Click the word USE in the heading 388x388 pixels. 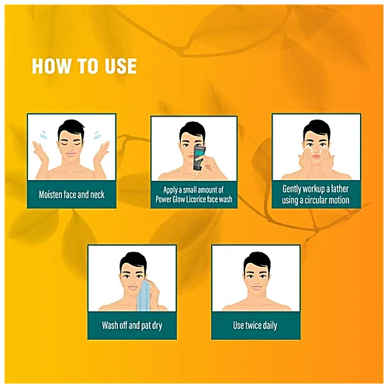point(120,66)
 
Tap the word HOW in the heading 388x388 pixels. point(51,66)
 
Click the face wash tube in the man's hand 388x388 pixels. point(199,158)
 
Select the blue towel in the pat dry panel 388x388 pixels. point(144,296)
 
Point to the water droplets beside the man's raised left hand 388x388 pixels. point(97,135)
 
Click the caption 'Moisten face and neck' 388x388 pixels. point(71,195)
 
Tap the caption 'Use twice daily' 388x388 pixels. point(255,325)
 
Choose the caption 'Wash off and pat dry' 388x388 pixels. point(132,325)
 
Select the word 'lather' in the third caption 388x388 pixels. point(340,189)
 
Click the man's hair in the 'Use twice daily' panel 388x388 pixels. point(257,262)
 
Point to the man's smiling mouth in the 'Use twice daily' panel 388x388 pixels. point(257,288)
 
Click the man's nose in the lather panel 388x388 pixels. point(316,149)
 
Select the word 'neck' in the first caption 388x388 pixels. point(97,195)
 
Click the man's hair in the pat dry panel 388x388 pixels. point(133,262)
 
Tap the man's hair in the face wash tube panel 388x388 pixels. point(192,131)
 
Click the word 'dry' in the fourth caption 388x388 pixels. point(157,326)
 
